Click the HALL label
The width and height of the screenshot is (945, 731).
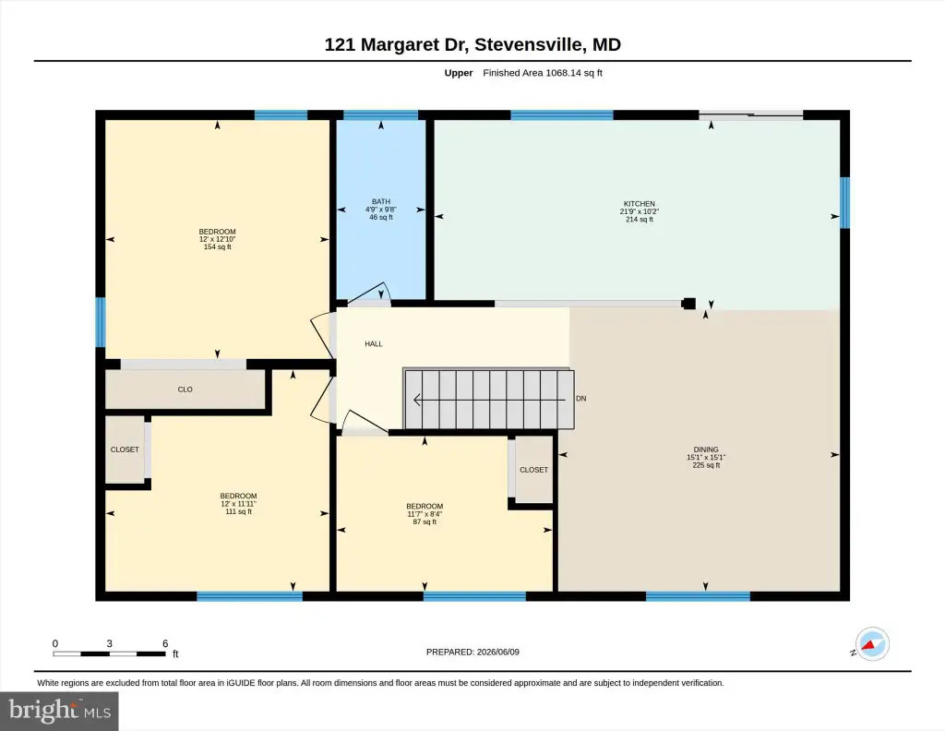coord(374,344)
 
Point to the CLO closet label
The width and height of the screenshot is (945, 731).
coord(185,389)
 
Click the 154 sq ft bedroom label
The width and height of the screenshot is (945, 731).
coord(218,239)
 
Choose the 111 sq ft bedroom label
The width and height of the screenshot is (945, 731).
coord(239,504)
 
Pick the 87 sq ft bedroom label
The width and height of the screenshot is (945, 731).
coord(425,514)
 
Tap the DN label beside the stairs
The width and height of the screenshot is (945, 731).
coord(581,399)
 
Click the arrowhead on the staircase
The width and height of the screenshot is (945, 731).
coord(416,400)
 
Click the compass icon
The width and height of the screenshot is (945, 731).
coord(872,644)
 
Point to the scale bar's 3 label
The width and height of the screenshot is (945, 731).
coord(109,643)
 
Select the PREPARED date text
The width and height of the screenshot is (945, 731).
coord(472,652)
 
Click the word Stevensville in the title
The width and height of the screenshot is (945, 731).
coord(529,44)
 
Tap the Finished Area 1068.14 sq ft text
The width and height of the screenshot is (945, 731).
coord(543,73)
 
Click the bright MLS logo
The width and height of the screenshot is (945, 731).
coord(59,711)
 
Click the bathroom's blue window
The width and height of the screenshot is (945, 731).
coord(380,115)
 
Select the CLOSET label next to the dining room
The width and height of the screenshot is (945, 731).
coord(534,470)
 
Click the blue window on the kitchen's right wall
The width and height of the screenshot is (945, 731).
coord(845,202)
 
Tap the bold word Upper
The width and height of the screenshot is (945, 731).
coord(459,73)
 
